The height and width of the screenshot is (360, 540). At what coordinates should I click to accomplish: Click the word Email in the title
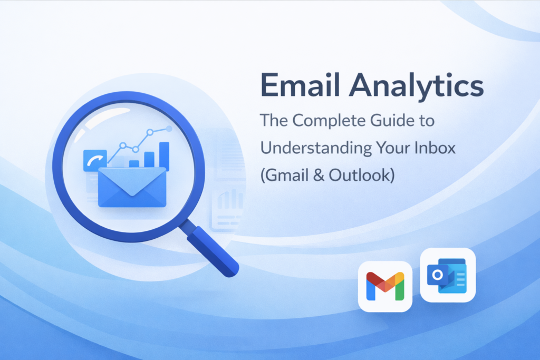point(300,85)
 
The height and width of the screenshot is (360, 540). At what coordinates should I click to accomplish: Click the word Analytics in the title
point(417,86)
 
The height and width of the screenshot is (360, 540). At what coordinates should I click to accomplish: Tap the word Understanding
point(315,148)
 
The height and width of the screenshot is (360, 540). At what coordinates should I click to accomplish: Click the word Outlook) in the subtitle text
point(362,175)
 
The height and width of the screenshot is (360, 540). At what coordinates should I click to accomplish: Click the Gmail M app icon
point(385,286)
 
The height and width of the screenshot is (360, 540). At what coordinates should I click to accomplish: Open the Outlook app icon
point(448,275)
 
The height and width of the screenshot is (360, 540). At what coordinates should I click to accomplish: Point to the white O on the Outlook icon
point(438,275)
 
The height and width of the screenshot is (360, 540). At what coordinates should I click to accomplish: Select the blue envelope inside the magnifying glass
point(132,187)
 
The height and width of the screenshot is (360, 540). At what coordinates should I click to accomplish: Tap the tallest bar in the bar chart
point(165,156)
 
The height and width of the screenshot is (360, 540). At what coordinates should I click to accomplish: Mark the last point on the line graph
point(169,129)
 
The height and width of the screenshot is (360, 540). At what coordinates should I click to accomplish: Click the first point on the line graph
point(122,145)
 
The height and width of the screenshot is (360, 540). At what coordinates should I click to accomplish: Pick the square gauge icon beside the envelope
point(95,160)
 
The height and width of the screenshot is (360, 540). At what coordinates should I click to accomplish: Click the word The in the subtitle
point(274,121)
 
